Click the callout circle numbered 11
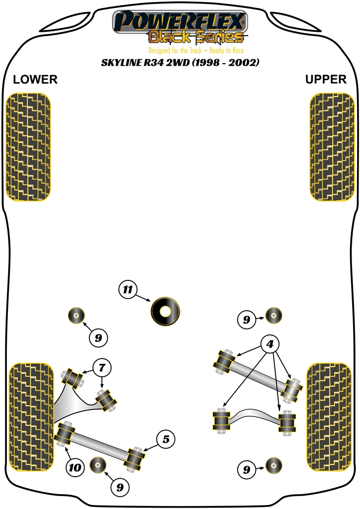(x=128, y=290)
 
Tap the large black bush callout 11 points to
(x=165, y=311)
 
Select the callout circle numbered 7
(x=101, y=368)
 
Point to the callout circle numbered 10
(x=75, y=467)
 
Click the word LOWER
(x=35, y=80)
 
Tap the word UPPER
(x=326, y=80)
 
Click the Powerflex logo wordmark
(x=180, y=21)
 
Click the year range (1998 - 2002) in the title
(x=227, y=63)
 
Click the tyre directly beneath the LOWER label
(x=28, y=147)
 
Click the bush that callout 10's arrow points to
(x=65, y=433)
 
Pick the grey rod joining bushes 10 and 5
(x=99, y=445)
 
